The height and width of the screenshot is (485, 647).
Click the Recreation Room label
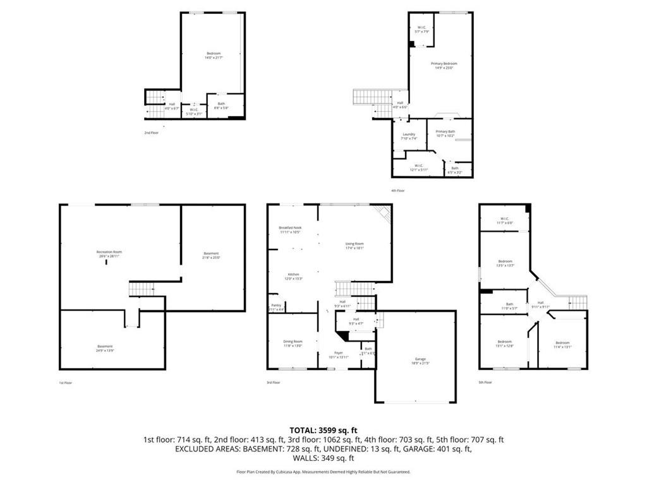pyautogui.click(x=107, y=254)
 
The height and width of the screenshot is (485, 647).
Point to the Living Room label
pyautogui.click(x=354, y=246)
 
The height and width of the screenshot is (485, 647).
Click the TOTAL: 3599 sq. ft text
pyautogui.click(x=323, y=429)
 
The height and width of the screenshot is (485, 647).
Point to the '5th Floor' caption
pyautogui.click(x=485, y=382)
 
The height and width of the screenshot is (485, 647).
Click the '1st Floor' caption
pyautogui.click(x=65, y=382)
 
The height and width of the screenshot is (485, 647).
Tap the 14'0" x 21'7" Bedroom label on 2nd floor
pyautogui.click(x=214, y=55)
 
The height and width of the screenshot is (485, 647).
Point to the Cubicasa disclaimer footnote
pyautogui.click(x=323, y=471)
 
